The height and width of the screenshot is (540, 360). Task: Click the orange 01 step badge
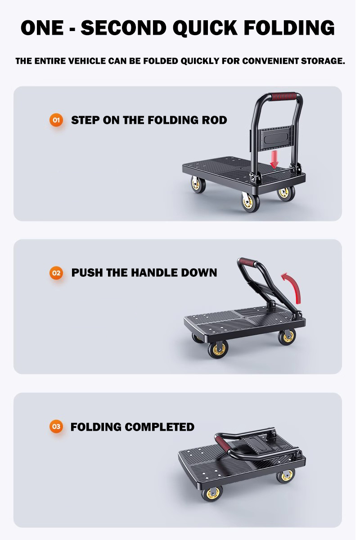click(56, 120)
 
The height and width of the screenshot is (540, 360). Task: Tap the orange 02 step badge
click(56, 273)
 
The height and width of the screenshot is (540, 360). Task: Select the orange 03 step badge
click(56, 427)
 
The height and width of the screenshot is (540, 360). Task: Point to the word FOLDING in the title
click(291, 28)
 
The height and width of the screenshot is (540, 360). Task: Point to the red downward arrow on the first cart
click(274, 158)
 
